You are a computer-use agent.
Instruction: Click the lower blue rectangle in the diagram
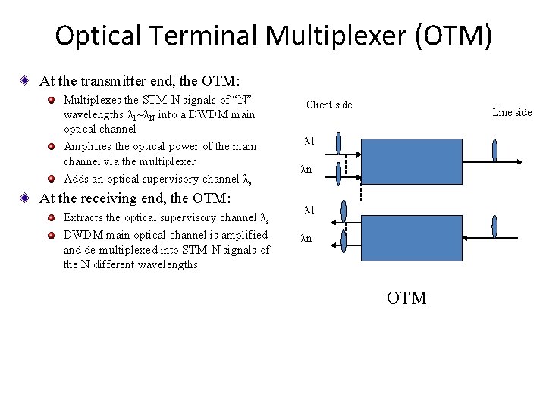[x=410, y=239]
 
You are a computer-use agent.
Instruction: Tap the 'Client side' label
[x=329, y=105]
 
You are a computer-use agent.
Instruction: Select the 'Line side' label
[x=512, y=112]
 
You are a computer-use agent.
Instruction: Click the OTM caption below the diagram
[x=406, y=298]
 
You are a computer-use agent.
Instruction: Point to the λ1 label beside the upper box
[x=309, y=141]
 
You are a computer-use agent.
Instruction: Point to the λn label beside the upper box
[x=306, y=170]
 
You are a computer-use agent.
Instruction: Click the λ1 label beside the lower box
[x=309, y=210]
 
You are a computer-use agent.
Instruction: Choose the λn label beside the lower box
[x=306, y=239]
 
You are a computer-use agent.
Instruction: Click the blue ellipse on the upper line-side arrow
[x=494, y=150]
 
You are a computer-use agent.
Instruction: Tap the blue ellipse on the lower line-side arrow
[x=494, y=226]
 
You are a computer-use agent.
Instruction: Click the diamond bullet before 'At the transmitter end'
[x=24, y=80]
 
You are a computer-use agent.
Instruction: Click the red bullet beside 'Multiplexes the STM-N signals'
[x=51, y=100]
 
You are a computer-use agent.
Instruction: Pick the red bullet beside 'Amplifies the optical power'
[x=51, y=146]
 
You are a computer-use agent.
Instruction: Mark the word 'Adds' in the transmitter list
[x=76, y=180]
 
